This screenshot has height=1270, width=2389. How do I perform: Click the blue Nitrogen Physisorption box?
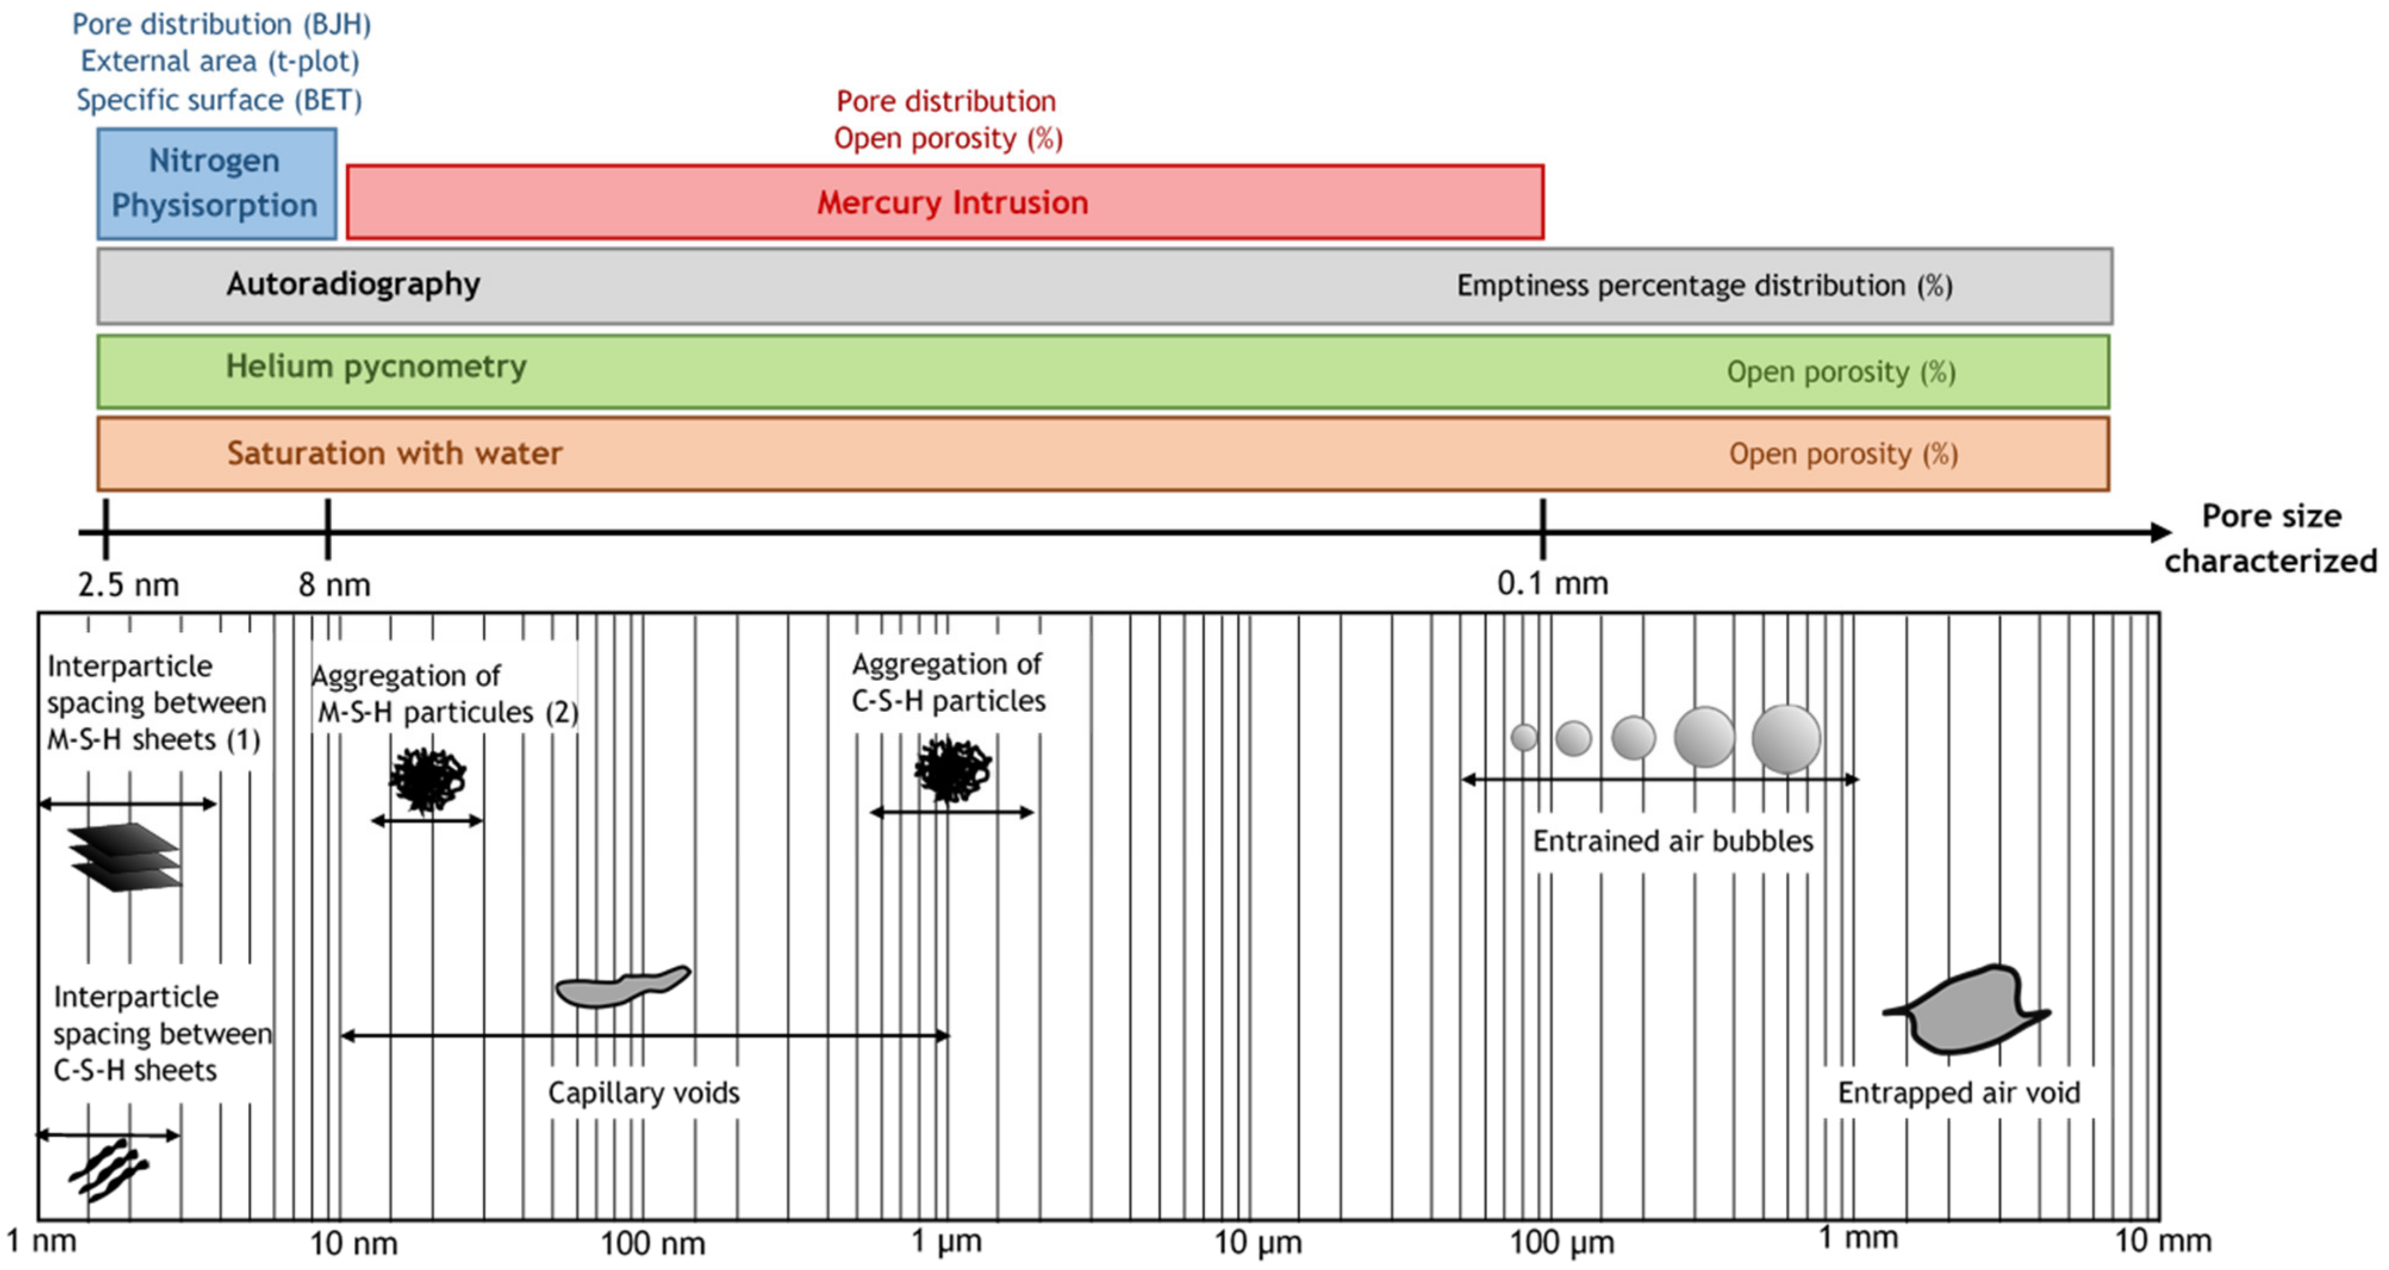[216, 183]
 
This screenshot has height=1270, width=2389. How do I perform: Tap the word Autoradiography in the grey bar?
[353, 284]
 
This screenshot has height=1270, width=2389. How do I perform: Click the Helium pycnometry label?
[376, 367]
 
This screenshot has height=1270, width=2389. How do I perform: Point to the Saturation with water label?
[394, 453]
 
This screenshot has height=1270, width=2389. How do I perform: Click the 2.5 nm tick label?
[128, 585]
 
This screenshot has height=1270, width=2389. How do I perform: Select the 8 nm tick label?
[334, 585]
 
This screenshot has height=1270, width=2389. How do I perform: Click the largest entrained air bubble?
[1785, 738]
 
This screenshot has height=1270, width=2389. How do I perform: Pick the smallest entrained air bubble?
[1523, 738]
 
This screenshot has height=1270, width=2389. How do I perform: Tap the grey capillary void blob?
[621, 987]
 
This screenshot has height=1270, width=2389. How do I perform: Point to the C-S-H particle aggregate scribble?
[952, 768]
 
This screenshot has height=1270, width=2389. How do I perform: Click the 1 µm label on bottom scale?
[945, 1240]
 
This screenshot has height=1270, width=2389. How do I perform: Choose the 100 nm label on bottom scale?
[652, 1242]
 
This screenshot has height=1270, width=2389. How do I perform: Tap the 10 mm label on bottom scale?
[2162, 1240]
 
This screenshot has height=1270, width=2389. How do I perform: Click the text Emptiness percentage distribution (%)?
[1703, 285]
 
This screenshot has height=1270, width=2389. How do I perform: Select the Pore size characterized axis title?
[2270, 538]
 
